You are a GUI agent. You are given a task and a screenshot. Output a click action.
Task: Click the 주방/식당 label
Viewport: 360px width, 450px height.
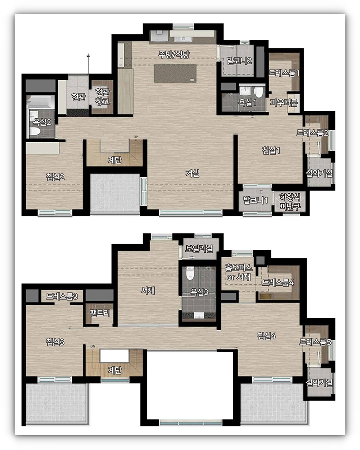click(x=174, y=54)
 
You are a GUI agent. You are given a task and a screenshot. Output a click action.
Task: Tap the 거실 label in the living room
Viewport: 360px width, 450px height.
click(x=192, y=173)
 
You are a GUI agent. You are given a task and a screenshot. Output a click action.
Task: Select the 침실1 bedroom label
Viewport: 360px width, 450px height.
click(x=271, y=150)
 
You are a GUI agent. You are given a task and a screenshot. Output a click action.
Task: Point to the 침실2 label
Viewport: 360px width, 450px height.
click(x=55, y=176)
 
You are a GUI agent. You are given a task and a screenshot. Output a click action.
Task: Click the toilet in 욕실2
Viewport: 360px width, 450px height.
click(x=35, y=132)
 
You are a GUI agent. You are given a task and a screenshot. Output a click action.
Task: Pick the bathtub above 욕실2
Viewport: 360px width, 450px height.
click(x=40, y=102)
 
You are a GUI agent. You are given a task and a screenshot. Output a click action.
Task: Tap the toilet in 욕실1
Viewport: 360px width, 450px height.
click(x=258, y=92)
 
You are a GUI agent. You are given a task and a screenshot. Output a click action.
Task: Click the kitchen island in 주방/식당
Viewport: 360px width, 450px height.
click(x=175, y=74)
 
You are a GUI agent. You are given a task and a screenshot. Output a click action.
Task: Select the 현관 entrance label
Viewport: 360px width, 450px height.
click(x=78, y=97)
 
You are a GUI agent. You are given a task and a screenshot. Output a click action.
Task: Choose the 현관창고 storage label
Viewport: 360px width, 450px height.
click(x=102, y=97)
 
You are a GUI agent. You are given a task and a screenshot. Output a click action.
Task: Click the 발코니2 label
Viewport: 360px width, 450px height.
click(x=239, y=61)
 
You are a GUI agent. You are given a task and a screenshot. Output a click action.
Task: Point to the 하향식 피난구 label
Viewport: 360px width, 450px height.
click(x=290, y=202)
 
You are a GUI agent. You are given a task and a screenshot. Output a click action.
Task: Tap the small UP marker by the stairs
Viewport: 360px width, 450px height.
click(x=136, y=137)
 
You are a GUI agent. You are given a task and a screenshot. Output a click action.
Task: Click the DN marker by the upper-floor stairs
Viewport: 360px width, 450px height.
click(x=93, y=346)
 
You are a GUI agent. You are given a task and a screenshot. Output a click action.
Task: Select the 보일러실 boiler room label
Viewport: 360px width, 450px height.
click(x=199, y=248)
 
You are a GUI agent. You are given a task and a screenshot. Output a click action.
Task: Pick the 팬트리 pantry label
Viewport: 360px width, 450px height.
click(x=100, y=313)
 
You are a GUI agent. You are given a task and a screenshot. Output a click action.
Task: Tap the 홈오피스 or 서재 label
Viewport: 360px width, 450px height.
click(x=239, y=272)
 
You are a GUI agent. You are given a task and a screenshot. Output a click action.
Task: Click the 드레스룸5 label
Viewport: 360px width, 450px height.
click(x=315, y=342)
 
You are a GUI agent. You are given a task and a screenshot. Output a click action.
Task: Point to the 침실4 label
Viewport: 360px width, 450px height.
click(x=266, y=335)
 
